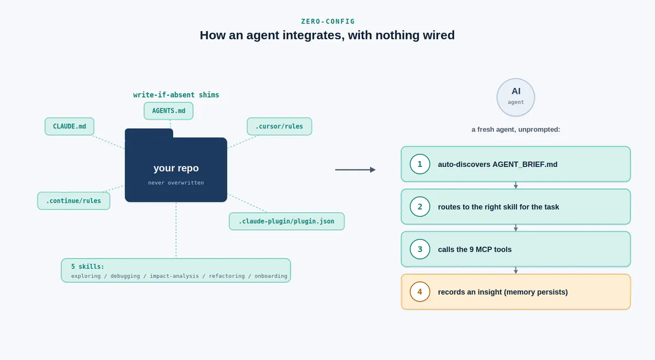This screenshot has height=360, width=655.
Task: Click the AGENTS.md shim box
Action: (169, 111)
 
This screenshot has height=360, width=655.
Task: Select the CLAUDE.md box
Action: (69, 126)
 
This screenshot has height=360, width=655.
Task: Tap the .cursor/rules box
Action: (279, 126)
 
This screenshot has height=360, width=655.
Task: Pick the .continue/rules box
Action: (74, 201)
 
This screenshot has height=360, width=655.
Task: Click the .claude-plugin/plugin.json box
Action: (287, 221)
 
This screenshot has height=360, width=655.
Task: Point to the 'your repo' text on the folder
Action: (176, 168)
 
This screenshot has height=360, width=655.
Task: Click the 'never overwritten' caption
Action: (176, 183)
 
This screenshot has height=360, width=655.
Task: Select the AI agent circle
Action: (516, 97)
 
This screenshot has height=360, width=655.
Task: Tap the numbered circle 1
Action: (420, 164)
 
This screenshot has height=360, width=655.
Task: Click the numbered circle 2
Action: (420, 207)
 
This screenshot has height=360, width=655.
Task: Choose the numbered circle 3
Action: (420, 249)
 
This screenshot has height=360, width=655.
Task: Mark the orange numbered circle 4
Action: (420, 292)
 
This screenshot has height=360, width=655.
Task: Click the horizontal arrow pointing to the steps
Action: (355, 170)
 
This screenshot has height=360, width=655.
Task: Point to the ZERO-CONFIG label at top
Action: (328, 21)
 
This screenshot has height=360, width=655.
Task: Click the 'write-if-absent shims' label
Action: (176, 95)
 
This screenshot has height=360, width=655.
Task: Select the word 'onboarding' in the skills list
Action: (271, 276)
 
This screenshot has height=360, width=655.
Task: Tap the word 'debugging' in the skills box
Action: (125, 276)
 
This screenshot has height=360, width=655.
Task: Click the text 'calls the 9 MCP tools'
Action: (474, 249)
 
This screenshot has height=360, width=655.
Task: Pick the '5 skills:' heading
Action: (88, 267)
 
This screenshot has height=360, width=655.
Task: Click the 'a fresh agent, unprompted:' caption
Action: (516, 129)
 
